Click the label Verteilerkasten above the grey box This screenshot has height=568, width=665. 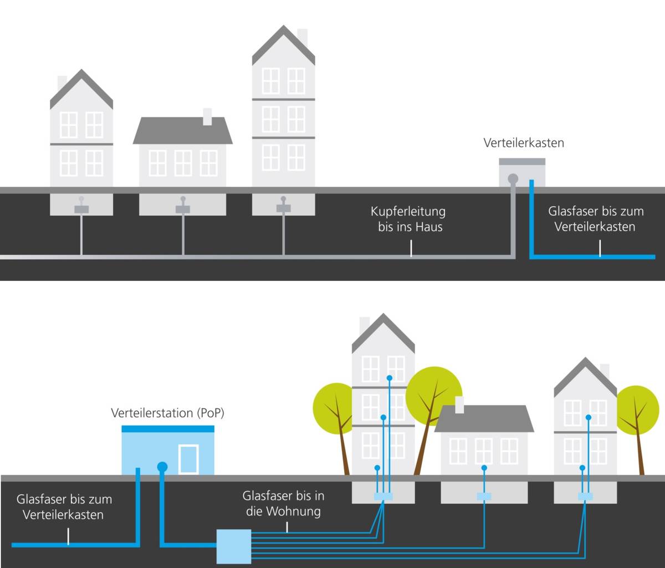coord(524,143)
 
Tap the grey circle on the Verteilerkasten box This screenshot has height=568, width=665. coord(513,178)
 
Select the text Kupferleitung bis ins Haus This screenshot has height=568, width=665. coord(409,219)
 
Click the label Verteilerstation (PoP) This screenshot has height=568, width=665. coord(167,413)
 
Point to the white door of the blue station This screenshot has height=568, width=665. coord(188,459)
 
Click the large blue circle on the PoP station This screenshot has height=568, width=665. coord(162,467)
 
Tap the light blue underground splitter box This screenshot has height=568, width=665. coord(233,546)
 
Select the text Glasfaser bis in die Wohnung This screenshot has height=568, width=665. coord(283,503)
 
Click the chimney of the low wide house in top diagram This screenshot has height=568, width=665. coord(207,116)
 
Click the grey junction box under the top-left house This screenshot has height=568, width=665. coord(81,209)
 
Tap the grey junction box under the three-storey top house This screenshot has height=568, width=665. coord(283,208)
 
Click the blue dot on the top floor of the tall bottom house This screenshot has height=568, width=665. coord(389,378)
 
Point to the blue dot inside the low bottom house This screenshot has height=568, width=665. coord(484,468)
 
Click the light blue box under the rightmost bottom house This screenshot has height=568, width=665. coord(585,497)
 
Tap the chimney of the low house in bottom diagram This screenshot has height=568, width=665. coord(459,404)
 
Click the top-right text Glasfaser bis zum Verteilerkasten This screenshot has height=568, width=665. coord(596,219)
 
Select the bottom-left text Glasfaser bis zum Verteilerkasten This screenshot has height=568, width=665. coord(64,506)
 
